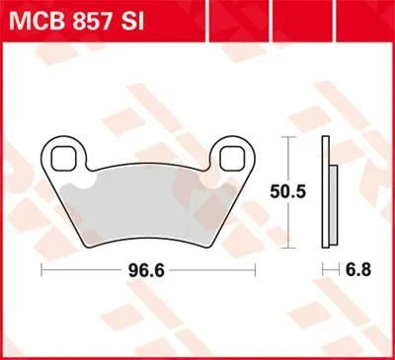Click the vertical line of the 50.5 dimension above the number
click(287, 158)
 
